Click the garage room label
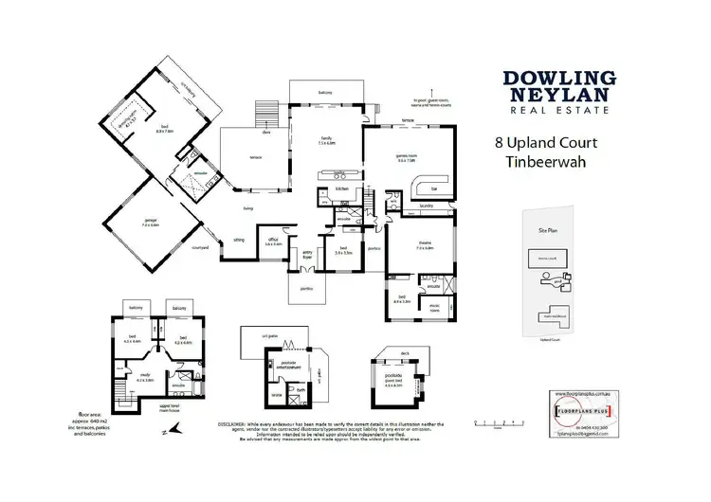click(147, 224)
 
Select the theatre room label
click(425, 245)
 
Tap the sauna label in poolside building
click(278, 394)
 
